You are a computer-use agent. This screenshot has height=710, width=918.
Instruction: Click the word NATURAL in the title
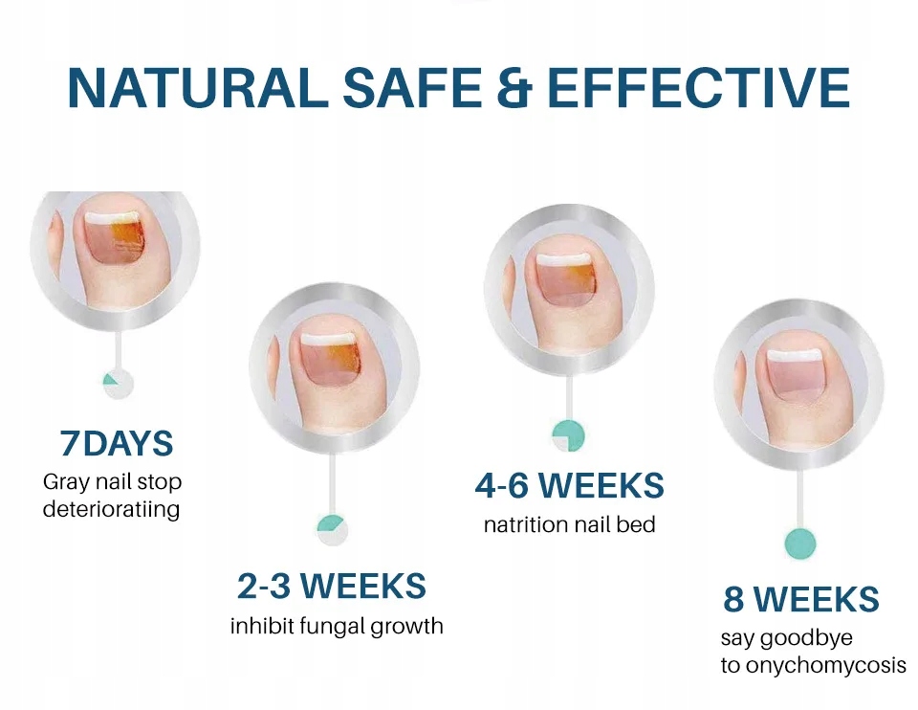coord(198,88)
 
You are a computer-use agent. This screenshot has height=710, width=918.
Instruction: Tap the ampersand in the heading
coord(515,88)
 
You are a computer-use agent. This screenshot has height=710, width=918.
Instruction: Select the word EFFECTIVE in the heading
coord(698,88)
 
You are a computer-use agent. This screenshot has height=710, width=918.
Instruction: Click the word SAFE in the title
coord(411,88)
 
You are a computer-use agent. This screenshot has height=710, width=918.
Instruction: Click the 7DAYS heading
coord(117,443)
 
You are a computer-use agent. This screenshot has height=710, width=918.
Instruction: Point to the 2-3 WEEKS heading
coord(332,586)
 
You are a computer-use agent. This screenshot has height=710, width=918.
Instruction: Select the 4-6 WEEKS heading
coord(569,485)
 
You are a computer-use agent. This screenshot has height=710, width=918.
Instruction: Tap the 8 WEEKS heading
coord(801,598)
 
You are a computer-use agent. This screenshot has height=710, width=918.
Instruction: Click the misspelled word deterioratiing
coord(111,508)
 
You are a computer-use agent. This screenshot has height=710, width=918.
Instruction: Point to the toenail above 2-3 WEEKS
coord(328,360)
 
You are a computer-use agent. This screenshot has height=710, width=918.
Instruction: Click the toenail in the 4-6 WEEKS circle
coord(565,279)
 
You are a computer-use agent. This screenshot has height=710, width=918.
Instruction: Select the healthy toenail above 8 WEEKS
coord(797,375)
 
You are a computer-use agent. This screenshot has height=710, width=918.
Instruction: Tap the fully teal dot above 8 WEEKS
coord(799,544)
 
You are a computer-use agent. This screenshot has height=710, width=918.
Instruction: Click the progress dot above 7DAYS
coord(118,385)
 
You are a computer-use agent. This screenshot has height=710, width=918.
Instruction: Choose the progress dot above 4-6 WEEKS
coord(568,435)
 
